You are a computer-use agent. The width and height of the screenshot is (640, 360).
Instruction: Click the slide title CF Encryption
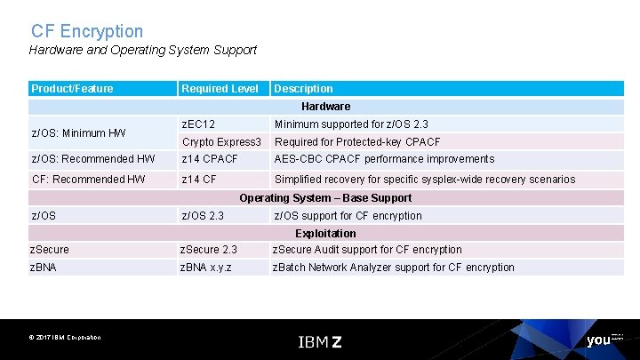pos(86,31)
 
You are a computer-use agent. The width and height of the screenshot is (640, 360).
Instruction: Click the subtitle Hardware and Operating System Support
pos(142,51)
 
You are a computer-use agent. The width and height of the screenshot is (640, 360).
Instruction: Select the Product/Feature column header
pos(72,89)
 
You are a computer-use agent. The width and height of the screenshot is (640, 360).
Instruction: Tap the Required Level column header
pos(220,89)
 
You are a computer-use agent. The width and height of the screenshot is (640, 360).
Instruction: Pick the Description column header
pos(303,89)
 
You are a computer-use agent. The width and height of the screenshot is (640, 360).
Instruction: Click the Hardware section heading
pos(325,107)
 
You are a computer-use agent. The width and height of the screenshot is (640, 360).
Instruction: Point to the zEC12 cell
pos(198,124)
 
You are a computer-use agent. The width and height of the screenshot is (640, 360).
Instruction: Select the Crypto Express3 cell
pos(221,142)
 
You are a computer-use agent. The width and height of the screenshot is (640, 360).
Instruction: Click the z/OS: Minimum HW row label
pos(78,133)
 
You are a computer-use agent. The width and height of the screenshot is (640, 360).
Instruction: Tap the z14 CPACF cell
pos(210,159)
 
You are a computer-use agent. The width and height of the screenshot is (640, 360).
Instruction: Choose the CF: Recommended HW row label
pos(88,180)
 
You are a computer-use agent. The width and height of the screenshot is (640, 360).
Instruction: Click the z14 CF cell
pos(199,180)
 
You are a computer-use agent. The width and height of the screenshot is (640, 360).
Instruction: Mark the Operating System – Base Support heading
pos(325,198)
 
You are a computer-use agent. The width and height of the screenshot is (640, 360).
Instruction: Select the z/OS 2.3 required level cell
pos(203,216)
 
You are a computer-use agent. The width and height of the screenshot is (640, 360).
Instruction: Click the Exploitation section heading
pos(325,234)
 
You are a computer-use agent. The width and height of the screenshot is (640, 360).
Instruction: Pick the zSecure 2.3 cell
pos(208,250)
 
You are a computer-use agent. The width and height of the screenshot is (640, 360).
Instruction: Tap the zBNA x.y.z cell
pos(205,268)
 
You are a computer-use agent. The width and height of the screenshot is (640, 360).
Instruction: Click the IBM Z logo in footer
pos(319,341)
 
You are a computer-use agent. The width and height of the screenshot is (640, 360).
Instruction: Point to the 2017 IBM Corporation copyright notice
pos(64,338)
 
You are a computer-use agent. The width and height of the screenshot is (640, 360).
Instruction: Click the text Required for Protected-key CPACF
pos(356,142)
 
